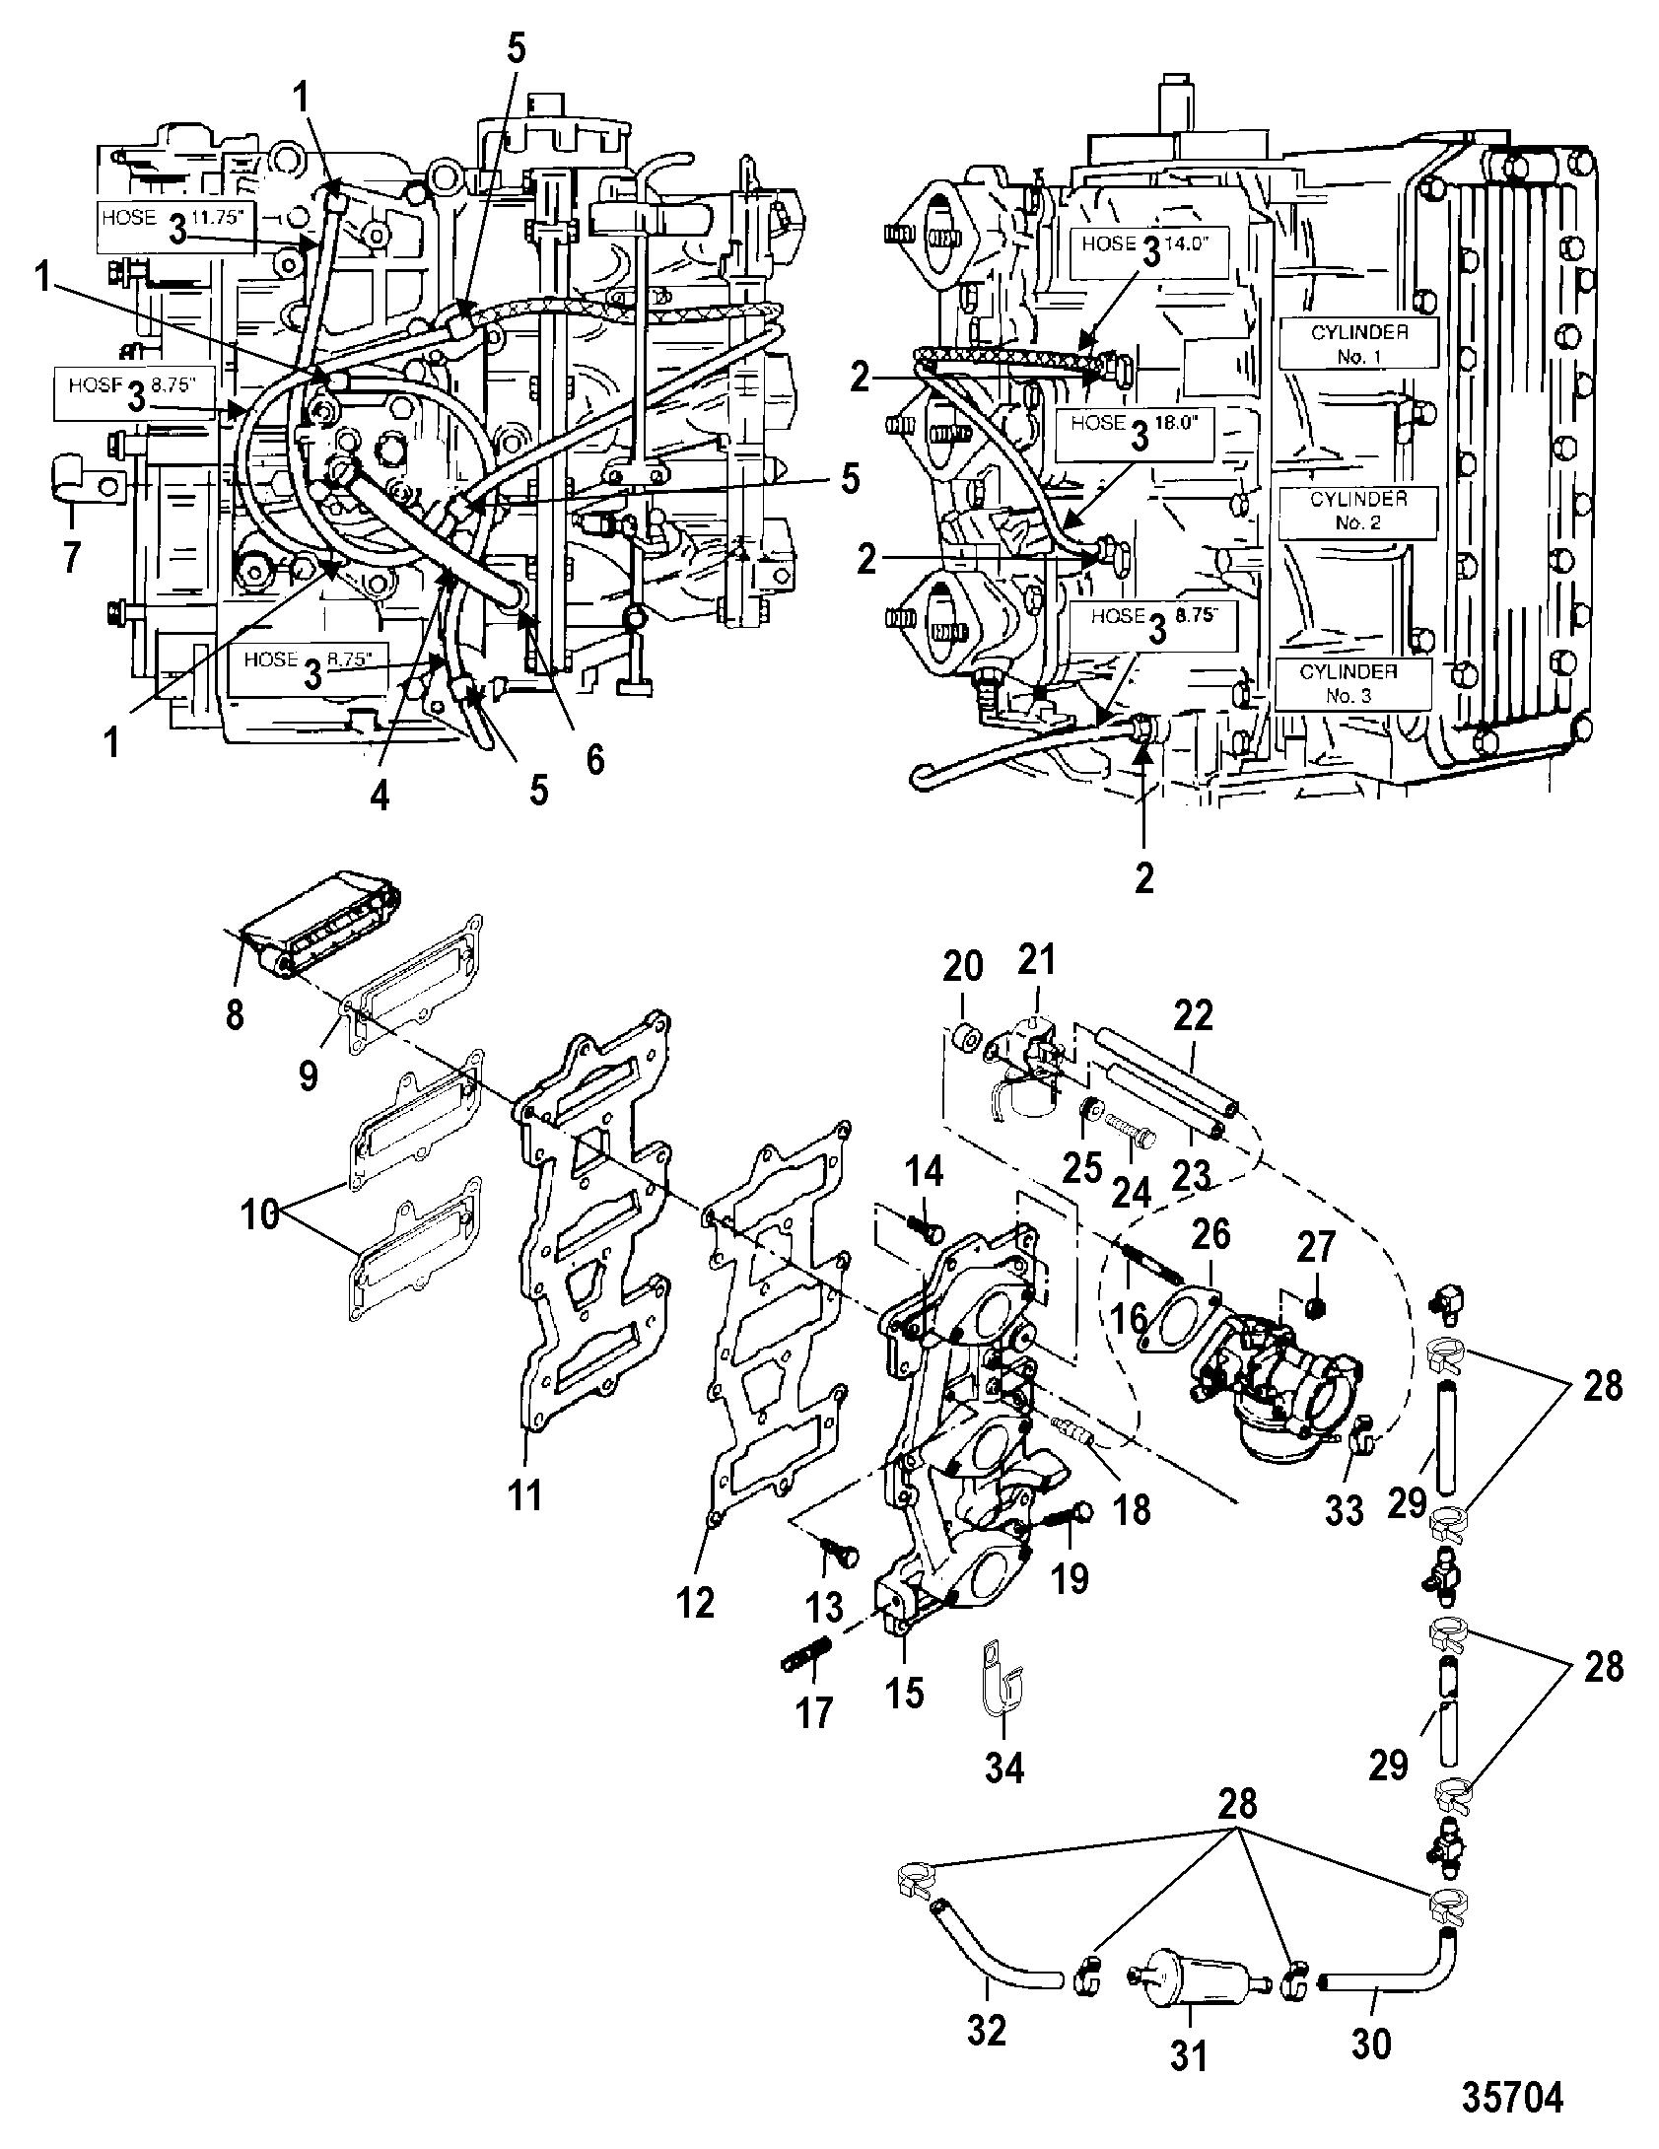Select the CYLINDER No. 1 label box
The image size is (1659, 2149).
tap(1359, 344)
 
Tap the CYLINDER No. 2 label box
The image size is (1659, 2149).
tap(1357, 511)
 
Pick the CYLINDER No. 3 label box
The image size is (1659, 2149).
tap(1352, 683)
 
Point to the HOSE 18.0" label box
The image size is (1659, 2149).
tap(1135, 434)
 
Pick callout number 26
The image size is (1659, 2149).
tap(1211, 1237)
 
